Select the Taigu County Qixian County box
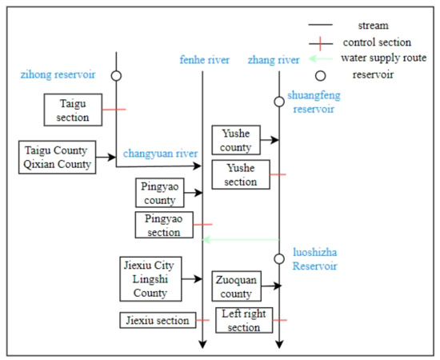click(57, 158)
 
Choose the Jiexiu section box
click(158, 320)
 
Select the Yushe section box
click(242, 174)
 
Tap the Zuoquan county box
click(241, 286)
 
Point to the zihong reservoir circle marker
click(116, 75)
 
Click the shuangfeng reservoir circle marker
click(279, 99)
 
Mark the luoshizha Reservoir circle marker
click(279, 258)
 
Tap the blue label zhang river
click(273, 59)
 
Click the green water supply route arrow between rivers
click(241, 239)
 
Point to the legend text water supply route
click(382, 58)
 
